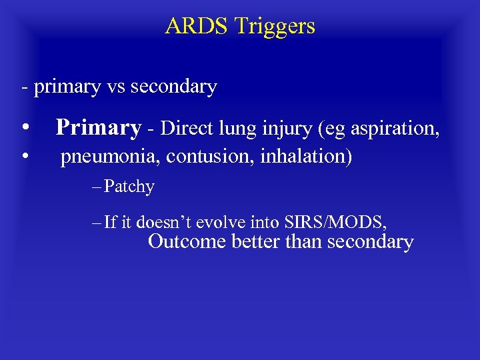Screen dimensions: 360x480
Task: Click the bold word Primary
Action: [99, 127]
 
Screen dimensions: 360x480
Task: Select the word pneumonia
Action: [110, 157]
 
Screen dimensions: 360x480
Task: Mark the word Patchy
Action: [129, 187]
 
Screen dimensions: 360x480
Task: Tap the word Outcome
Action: [187, 241]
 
